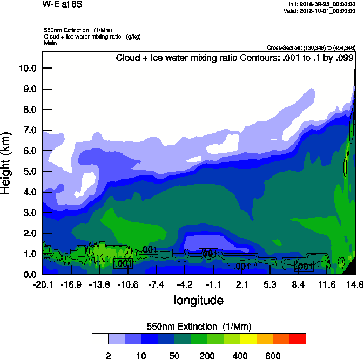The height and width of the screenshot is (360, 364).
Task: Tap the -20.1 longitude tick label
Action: tap(43, 284)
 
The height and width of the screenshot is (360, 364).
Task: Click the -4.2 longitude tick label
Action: tap(185, 284)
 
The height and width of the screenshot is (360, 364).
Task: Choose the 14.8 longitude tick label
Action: tap(355, 284)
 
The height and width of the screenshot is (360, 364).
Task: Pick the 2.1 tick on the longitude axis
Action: tap(241, 284)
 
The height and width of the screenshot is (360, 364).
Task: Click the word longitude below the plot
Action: tap(198, 300)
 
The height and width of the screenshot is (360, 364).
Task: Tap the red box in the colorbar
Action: tap(298, 339)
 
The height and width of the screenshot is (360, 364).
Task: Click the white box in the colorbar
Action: tap(100, 339)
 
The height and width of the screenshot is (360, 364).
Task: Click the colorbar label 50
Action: tap(174, 356)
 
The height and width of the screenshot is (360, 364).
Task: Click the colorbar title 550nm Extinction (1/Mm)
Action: tap(198, 327)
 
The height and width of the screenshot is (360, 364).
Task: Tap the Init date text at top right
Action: tap(321, 4)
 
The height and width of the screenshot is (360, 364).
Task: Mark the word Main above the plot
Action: tap(50, 43)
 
